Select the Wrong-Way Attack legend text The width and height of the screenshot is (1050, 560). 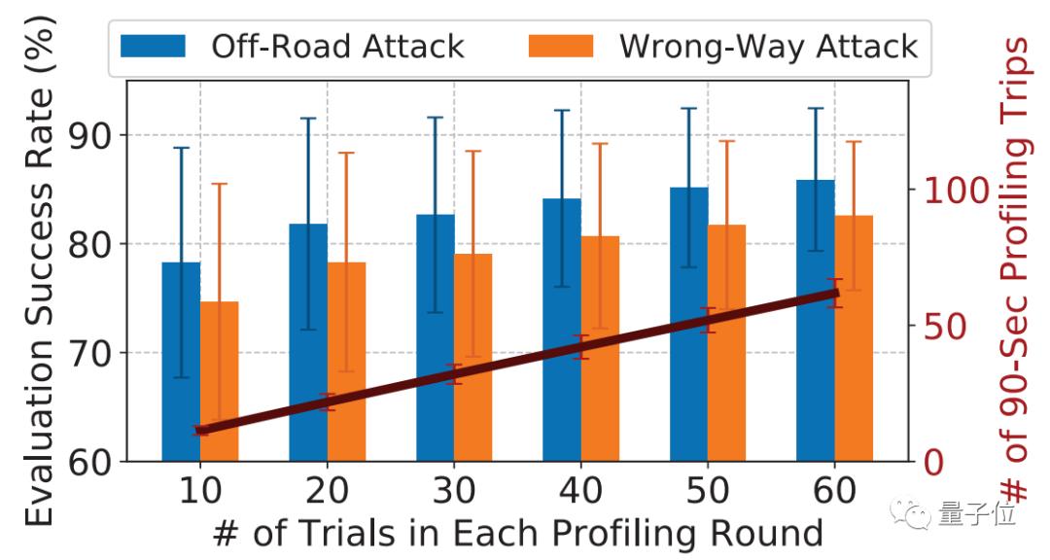(x=767, y=46)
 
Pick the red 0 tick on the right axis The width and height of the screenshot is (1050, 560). (x=930, y=461)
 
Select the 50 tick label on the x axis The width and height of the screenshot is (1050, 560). (x=707, y=491)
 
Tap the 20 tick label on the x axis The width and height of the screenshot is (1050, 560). (x=327, y=491)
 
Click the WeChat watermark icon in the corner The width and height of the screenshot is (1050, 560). (x=913, y=512)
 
